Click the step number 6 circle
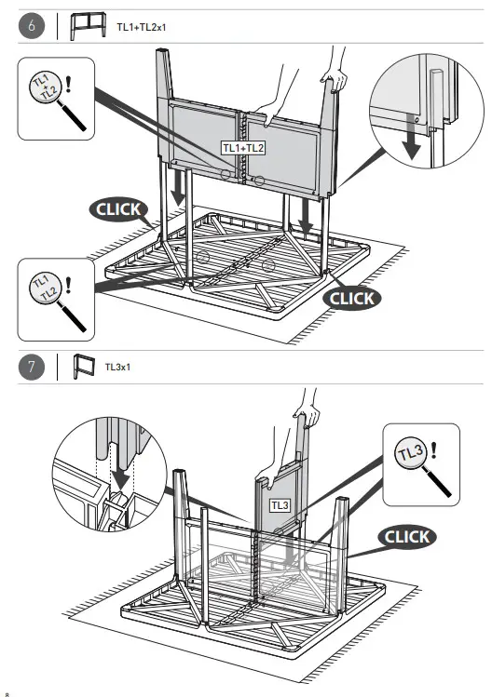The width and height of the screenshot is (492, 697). tap(32, 26)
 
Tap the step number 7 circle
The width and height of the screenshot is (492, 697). tap(32, 368)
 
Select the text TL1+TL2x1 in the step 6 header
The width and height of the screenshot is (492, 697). tap(141, 27)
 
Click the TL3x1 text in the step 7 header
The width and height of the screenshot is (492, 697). tap(117, 368)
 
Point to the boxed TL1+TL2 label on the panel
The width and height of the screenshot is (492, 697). tap(243, 148)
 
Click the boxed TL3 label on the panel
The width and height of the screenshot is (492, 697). tap(280, 505)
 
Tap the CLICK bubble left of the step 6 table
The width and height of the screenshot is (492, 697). tap(118, 209)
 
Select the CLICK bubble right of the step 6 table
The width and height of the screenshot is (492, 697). tap(351, 299)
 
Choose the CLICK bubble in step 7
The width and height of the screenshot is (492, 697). tap(407, 537)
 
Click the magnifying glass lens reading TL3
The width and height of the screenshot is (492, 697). tap(411, 453)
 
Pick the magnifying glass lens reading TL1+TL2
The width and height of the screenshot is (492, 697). tap(45, 87)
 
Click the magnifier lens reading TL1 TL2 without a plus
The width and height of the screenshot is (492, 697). tap(45, 288)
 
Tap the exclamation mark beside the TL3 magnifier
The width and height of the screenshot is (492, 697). tap(433, 450)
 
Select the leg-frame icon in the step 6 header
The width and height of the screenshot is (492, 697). tap(89, 26)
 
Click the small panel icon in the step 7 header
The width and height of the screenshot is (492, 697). tap(84, 367)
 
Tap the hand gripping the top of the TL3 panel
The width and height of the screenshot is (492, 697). tap(307, 413)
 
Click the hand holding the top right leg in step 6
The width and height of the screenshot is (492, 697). tap(335, 78)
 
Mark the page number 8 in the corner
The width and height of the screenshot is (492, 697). tap(7, 694)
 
